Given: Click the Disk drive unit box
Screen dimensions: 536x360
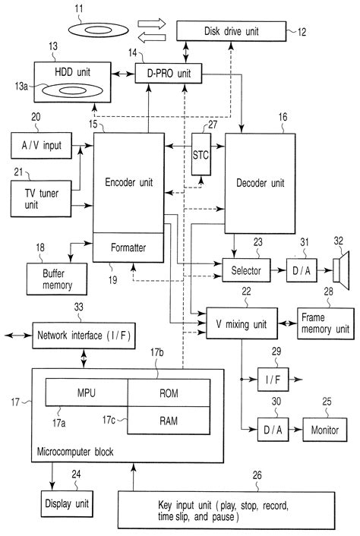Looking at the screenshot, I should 232,31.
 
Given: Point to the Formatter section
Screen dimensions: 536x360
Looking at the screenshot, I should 129,247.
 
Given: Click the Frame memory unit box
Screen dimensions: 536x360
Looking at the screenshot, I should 325,323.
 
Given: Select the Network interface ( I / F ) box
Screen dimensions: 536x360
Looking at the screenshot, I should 84,334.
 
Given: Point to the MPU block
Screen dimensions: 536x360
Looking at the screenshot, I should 85,393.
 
